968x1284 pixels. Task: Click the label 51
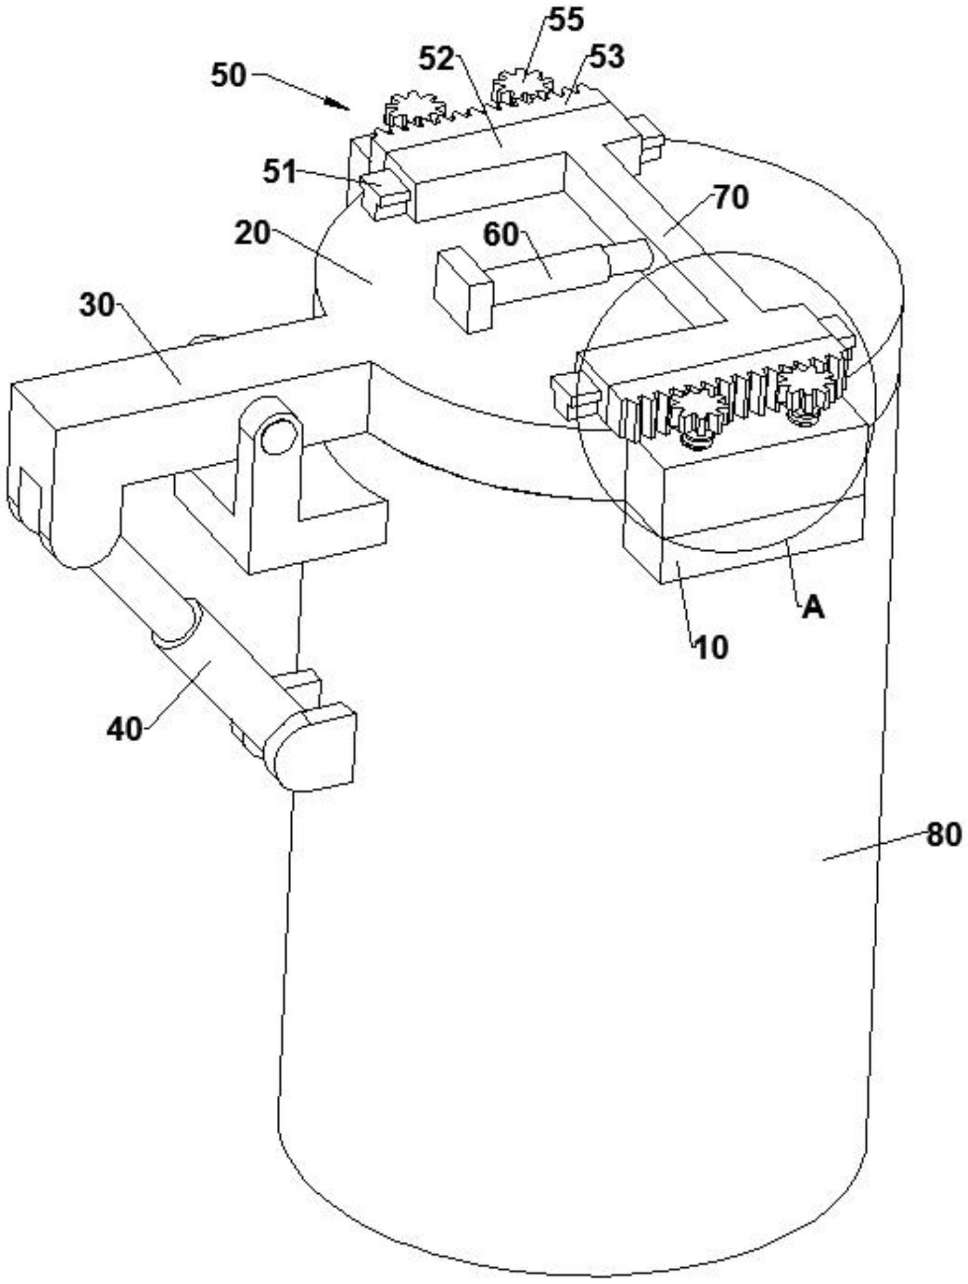(280, 171)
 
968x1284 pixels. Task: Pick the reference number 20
(253, 233)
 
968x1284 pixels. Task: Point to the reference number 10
(711, 648)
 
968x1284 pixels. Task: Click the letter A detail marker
(813, 608)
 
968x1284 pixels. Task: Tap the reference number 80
(944, 834)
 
